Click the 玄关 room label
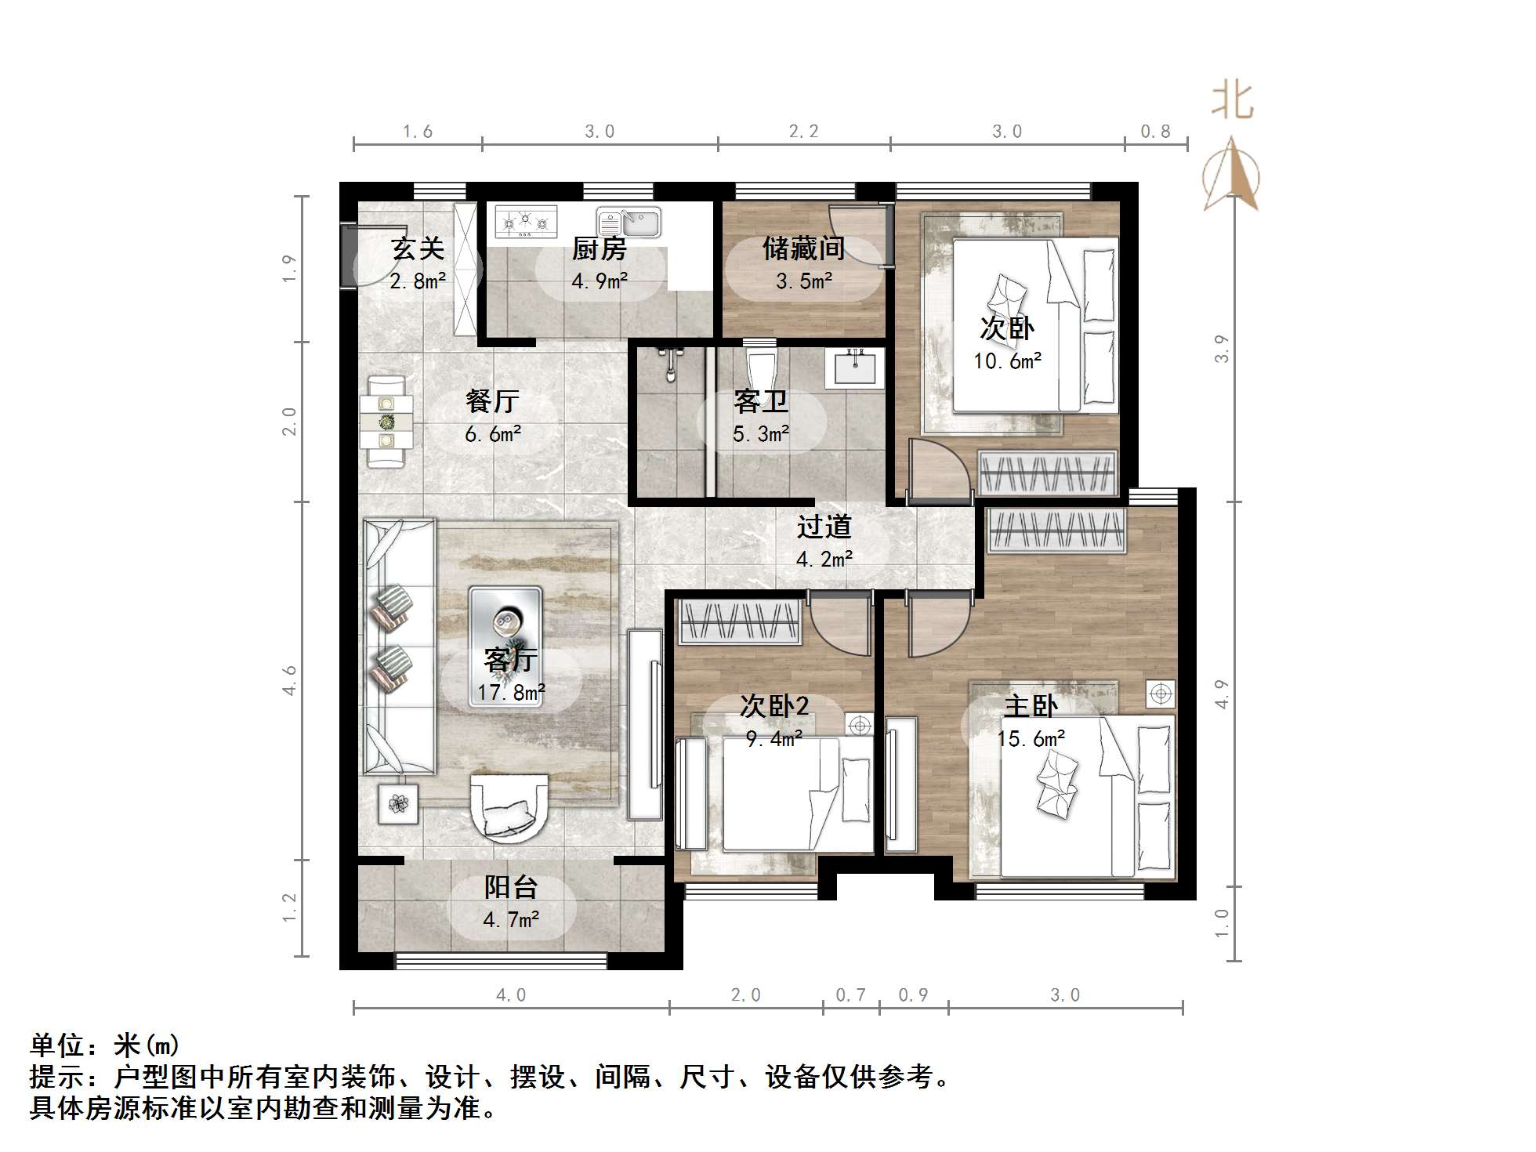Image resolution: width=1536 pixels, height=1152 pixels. point(418,248)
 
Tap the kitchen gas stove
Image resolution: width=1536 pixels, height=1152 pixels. point(525,222)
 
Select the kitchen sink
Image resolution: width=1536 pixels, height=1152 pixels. point(629,222)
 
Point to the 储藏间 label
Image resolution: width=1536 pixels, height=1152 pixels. point(803,248)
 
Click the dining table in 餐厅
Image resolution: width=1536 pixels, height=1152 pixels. point(387,422)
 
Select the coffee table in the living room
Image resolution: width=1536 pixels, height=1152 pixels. point(505,647)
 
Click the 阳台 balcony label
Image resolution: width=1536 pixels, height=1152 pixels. point(511,887)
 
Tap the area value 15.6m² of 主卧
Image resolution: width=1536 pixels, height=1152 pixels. point(1031,739)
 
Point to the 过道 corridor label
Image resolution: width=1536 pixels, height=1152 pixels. point(824,527)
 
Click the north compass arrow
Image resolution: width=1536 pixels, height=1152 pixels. point(1231,174)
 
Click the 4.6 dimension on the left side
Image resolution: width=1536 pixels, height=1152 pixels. point(290,680)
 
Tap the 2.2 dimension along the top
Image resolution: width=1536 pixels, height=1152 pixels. point(803,132)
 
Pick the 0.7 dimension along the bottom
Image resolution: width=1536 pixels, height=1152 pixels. point(850,995)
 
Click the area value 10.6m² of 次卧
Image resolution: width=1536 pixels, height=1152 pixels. point(1008,361)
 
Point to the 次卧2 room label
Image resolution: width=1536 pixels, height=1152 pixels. point(774,707)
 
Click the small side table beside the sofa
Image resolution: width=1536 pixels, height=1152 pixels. point(399,803)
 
